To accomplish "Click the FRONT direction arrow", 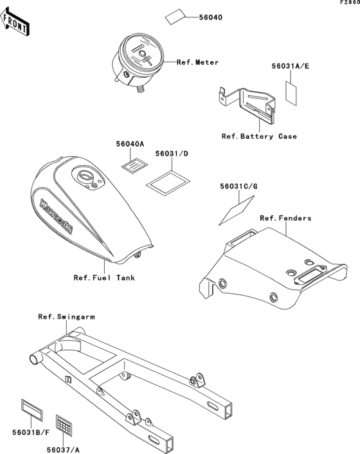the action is pos(15,22).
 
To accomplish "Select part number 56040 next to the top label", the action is pos(211,17).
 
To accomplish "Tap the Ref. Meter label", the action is pos(197,62).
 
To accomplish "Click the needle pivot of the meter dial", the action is pos(142,53).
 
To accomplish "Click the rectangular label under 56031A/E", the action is pos(291,93).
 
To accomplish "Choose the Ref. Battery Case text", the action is pos(259,136).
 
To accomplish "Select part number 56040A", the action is pos(130,144).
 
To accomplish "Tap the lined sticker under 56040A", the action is pos(134,167).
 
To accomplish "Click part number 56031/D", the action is pos(172,154).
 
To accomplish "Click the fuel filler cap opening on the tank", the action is pos(85,176).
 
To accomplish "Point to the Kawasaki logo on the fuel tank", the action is pos(56,215).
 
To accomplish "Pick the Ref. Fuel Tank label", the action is pos(104,278).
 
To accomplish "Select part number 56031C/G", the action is pos(239,186).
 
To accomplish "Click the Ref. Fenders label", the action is pos(285,218).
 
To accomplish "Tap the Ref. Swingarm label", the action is pos(66,317).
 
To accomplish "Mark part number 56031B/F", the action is pos(31,433).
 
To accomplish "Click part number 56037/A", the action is pos(63,449).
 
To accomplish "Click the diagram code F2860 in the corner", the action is pos(350,3).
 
